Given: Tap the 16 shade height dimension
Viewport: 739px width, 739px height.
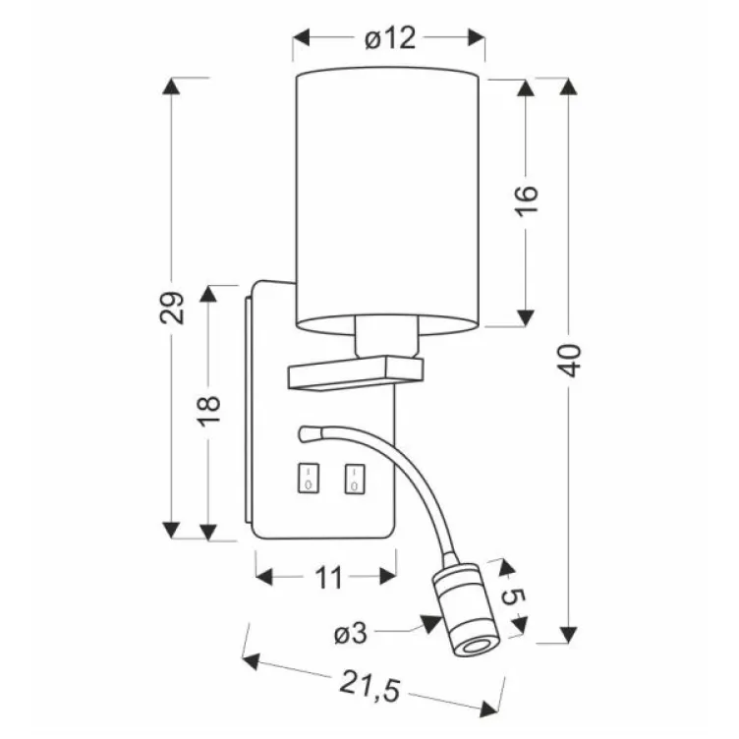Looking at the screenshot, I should (527, 201).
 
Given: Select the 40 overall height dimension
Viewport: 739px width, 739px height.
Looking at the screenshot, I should (573, 360).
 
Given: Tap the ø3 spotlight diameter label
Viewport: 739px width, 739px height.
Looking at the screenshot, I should (350, 635).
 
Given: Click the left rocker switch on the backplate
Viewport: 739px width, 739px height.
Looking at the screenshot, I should (308, 479).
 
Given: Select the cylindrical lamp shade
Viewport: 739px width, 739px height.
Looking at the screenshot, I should (389, 197).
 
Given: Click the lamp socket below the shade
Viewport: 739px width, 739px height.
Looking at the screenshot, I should (387, 336).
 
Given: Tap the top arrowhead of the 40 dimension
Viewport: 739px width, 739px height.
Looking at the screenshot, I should (568, 85).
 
